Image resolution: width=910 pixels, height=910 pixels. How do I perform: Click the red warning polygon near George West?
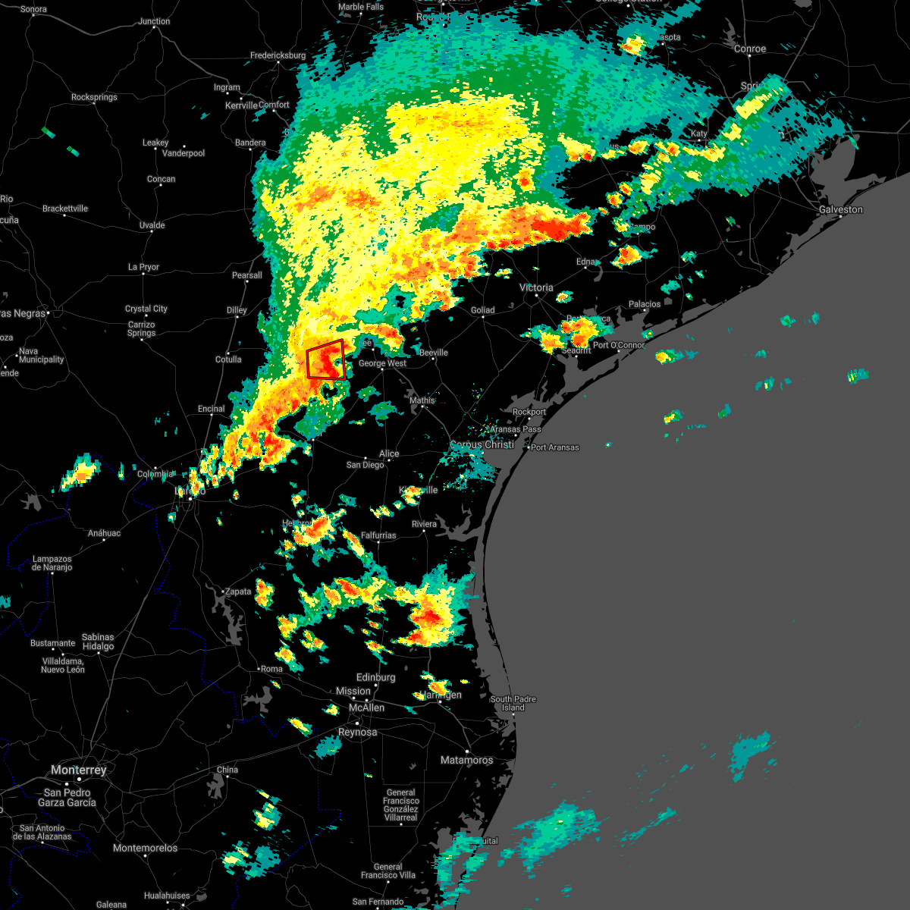326,359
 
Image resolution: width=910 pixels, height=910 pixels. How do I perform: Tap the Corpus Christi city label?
482,445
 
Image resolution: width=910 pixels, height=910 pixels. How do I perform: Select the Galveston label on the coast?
840,209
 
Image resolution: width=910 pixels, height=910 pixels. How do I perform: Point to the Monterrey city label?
79,770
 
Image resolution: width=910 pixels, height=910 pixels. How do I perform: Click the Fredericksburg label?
278,55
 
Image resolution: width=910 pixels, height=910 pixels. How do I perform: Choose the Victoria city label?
536,287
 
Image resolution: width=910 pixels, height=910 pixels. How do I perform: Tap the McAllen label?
366,708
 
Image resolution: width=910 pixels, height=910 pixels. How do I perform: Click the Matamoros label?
466,760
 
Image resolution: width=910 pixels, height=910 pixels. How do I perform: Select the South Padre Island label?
513,703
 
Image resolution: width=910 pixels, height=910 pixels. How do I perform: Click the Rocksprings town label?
94,97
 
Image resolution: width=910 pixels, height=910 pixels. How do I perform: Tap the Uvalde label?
152,225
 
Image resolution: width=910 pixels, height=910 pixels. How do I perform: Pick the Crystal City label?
146,309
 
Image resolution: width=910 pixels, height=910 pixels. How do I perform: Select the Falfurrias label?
378,535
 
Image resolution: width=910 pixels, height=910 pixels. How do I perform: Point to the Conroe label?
750,49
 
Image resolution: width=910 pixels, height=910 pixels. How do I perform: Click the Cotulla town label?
228,359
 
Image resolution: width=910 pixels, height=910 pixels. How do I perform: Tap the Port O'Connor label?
619,345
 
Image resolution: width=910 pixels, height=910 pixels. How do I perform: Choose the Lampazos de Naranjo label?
52,563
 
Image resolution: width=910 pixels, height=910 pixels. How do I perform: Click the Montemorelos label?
145,848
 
